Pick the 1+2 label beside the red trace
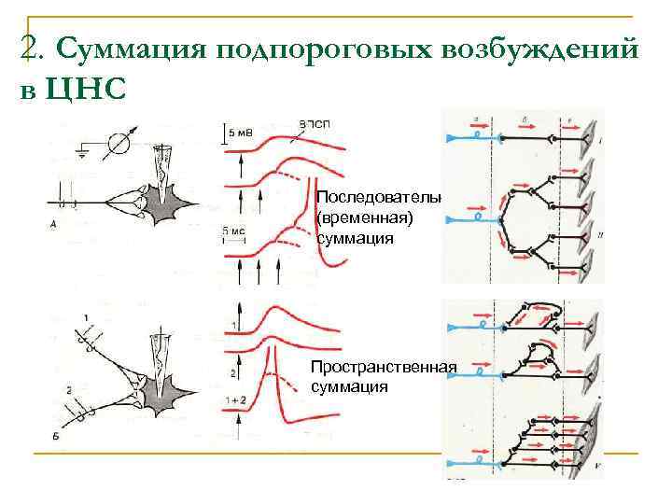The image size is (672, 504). click(x=233, y=400)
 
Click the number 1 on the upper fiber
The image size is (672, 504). click(x=87, y=317)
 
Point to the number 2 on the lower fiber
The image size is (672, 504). click(x=69, y=388)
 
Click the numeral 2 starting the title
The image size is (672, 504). click(x=27, y=49)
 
